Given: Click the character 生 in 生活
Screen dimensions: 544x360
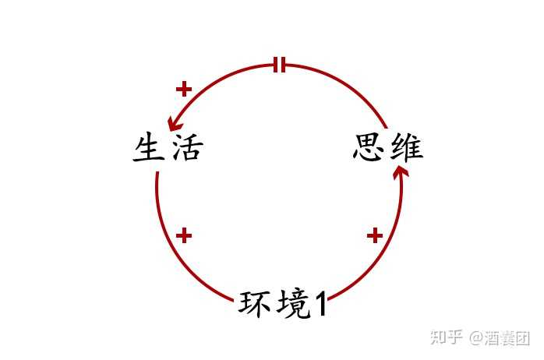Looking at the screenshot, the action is tap(149, 147).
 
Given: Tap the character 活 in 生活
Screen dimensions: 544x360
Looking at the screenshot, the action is tap(187, 147).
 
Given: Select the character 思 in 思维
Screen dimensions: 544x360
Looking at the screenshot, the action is tap(369, 147).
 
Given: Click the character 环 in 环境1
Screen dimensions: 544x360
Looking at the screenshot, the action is tap(256, 303).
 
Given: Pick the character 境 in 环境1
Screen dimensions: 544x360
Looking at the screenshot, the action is tap(294, 304).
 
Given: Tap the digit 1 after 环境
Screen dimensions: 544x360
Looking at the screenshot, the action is tap(321, 304).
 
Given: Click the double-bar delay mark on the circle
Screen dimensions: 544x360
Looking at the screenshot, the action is tap(279, 65).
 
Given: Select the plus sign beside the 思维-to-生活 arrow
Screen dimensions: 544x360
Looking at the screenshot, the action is tap(184, 89).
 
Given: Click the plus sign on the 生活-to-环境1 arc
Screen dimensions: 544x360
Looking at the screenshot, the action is tap(184, 236).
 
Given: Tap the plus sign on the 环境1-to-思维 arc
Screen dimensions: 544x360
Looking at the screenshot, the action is tap(375, 236).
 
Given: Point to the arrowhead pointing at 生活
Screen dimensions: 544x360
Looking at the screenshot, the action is tap(174, 124).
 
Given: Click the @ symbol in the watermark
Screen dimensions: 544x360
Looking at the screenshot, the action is tap(477, 337).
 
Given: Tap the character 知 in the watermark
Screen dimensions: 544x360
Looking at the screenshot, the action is tap(439, 337).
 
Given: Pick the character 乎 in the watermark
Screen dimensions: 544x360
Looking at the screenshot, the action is tap(455, 337).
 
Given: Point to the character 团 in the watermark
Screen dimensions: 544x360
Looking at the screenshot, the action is tap(523, 337).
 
